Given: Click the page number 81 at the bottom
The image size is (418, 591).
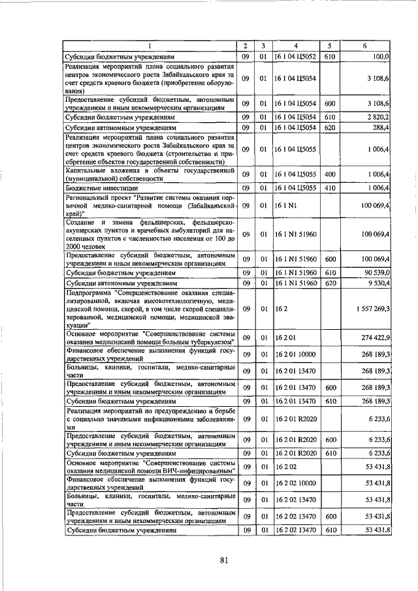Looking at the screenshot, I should [223, 560].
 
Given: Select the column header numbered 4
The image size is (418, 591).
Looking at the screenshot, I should [296, 46].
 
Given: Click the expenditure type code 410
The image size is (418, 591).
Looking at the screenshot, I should [330, 188].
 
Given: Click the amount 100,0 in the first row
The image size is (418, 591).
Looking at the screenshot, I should [381, 57].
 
